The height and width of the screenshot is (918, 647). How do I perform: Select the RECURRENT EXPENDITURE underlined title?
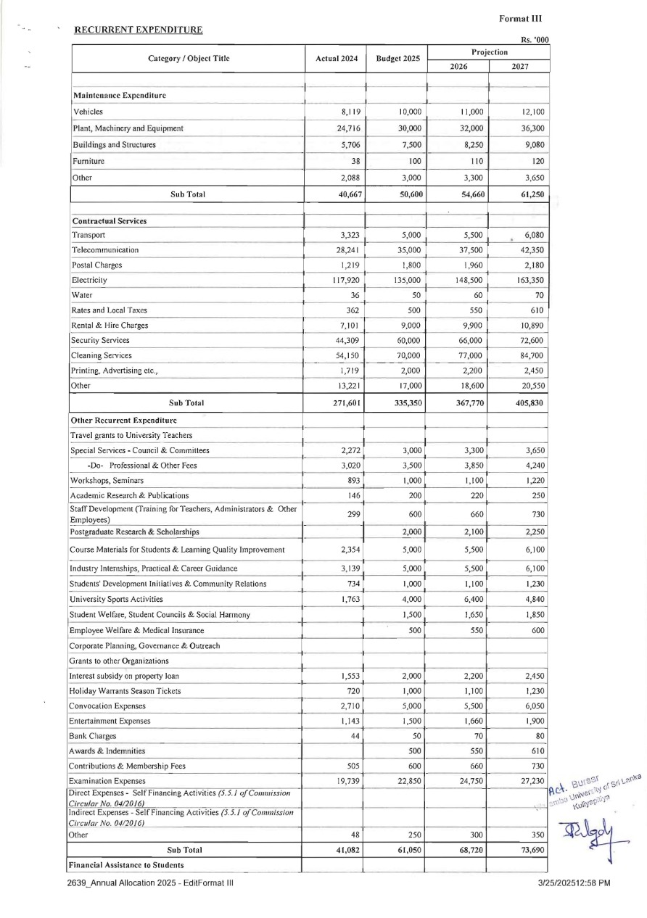[x=139, y=30]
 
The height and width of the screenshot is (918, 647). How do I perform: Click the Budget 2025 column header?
[x=397, y=59]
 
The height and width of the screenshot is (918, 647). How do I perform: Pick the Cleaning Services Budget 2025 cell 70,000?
[x=407, y=355]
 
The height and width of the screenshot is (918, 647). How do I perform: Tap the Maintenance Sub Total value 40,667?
[x=347, y=194]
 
